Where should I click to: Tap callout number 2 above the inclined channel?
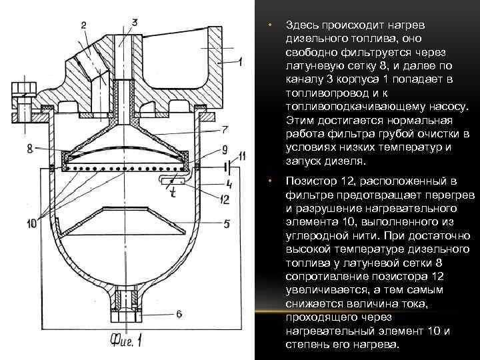coord(85,25)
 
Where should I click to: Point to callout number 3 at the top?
coord(135,22)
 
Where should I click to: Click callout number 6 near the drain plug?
coord(179,313)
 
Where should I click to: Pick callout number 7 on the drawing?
coord(226,129)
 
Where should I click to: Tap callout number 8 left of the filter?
coord(30,149)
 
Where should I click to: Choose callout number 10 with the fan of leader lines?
coord(31,225)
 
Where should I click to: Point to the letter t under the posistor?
coord(172,195)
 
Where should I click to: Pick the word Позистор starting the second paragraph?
coord(310,180)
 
